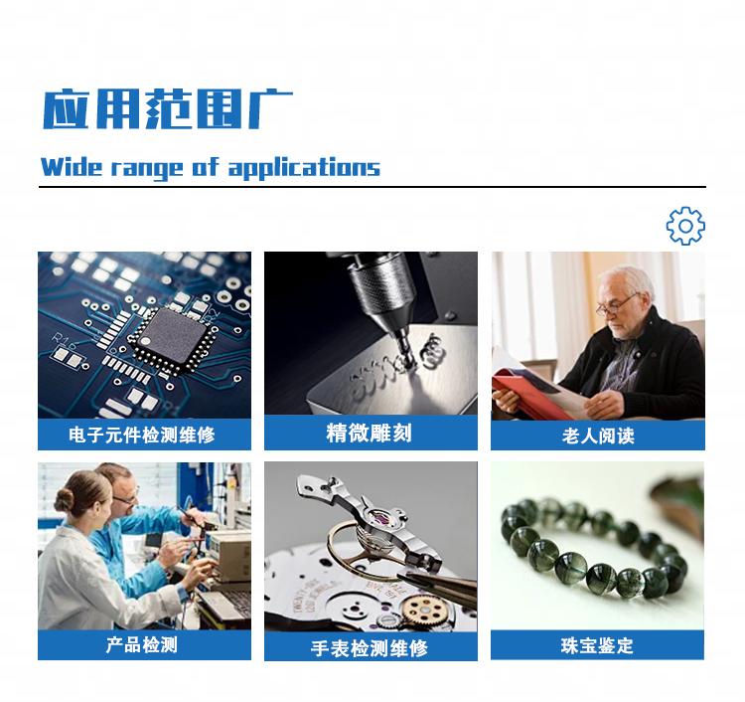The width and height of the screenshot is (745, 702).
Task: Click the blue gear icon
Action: point(685,226)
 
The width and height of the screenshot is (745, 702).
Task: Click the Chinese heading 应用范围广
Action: point(168,109)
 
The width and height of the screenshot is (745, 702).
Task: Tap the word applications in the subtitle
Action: point(305,168)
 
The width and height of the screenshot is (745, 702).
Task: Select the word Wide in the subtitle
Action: point(72,167)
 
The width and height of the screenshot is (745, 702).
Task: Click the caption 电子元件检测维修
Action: point(142,435)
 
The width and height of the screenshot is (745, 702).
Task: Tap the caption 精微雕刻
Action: point(370,434)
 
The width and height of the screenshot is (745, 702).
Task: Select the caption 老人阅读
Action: point(598,436)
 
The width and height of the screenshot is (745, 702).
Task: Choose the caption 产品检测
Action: point(142,645)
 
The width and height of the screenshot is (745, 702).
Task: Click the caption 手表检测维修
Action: point(370,648)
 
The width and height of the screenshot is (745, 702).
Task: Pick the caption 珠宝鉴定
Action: point(597,646)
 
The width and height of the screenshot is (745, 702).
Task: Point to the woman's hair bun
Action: point(66,499)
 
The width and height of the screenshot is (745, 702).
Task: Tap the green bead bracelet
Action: point(595,546)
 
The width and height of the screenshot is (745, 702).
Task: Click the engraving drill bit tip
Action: point(407,362)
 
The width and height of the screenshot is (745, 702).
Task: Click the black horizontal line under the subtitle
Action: point(372,187)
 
